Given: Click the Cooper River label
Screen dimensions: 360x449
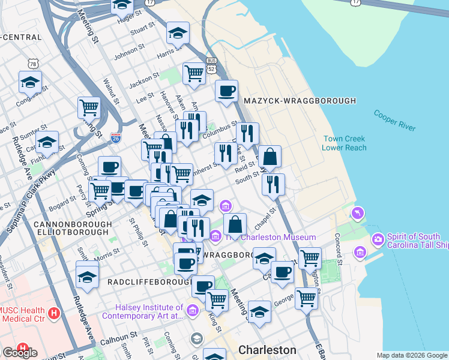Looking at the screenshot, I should point(394,119).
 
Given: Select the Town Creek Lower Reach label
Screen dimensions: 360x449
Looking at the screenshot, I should point(344,143).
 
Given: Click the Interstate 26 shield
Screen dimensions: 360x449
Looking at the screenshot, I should point(116,138).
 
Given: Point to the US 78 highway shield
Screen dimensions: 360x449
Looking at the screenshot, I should point(33,62).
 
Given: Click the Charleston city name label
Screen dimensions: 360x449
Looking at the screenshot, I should point(267,349).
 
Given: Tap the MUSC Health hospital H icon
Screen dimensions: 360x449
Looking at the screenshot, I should point(55,313).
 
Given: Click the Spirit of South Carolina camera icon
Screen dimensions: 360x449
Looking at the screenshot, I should point(378,239).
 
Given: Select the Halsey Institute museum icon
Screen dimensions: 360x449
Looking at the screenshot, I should point(192,310).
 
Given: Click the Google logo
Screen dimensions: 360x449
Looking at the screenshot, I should point(19,353).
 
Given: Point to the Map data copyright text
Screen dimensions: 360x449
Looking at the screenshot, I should point(412,355).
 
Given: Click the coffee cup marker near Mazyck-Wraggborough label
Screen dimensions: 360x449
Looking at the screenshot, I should point(226,91).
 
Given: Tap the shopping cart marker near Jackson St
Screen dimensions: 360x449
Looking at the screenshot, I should point(194,73).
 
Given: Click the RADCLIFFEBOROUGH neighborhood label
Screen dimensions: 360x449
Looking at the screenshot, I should point(144,281).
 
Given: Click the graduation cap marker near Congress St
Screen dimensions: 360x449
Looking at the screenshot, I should point(30,82).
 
